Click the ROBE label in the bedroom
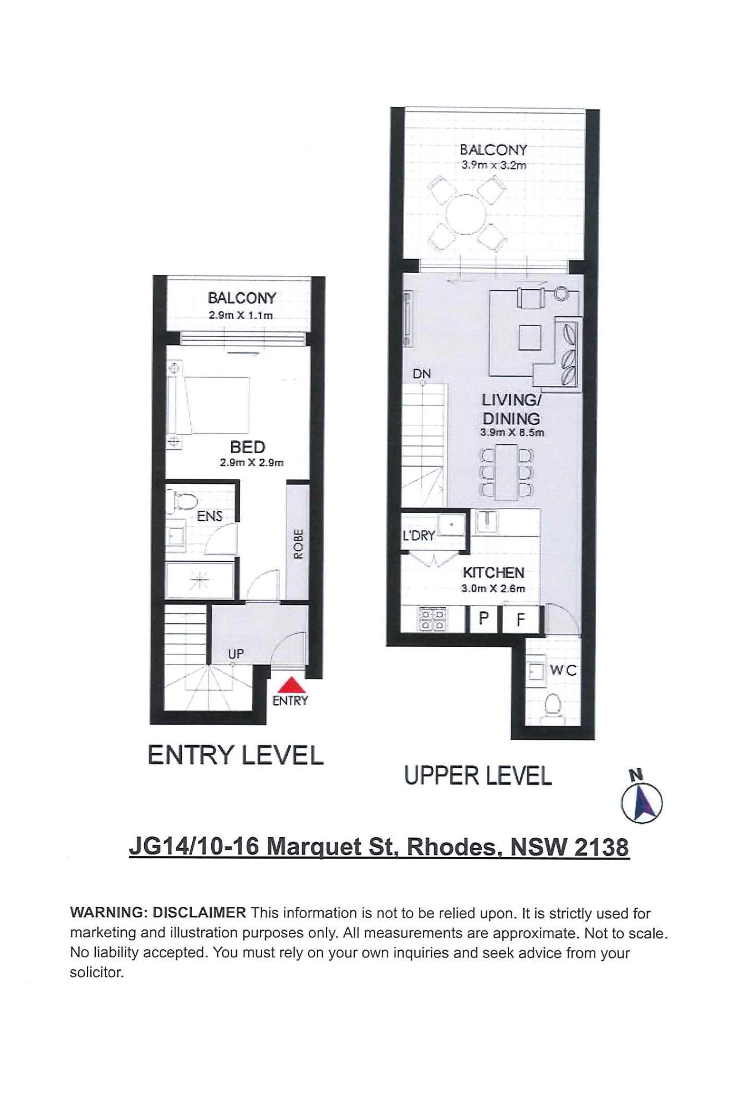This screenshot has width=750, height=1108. pos(298,543)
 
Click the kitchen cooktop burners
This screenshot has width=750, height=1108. pos(432,619)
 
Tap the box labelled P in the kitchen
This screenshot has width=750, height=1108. pos(483,618)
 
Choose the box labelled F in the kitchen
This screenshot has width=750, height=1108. pos(521,619)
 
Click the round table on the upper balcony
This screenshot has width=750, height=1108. pos(467,214)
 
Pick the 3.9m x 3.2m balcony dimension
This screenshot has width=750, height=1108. pos(494,165)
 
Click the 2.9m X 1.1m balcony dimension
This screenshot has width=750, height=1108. pos(241,315)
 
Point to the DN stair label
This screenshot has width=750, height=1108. pos(422,374)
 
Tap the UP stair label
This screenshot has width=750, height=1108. pos(236,654)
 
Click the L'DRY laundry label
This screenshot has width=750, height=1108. pos(419,536)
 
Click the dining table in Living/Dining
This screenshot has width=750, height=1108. pos(506,472)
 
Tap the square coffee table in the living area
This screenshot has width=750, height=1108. pos(530,337)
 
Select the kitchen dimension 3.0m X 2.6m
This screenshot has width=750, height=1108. pos(493,588)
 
